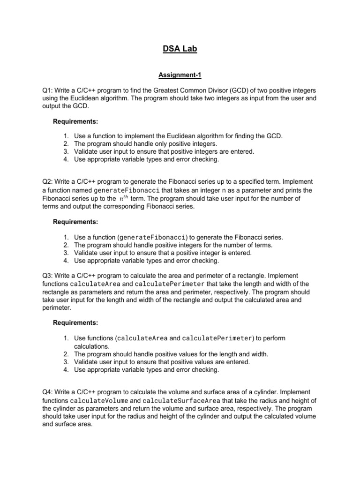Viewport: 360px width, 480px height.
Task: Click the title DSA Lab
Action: click(x=180, y=49)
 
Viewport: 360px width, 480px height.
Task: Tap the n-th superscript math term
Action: click(x=122, y=198)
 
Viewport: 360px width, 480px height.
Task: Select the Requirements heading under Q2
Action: click(x=75, y=221)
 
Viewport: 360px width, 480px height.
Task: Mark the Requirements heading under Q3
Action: click(x=75, y=322)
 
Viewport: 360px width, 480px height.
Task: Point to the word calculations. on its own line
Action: click(x=92, y=346)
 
